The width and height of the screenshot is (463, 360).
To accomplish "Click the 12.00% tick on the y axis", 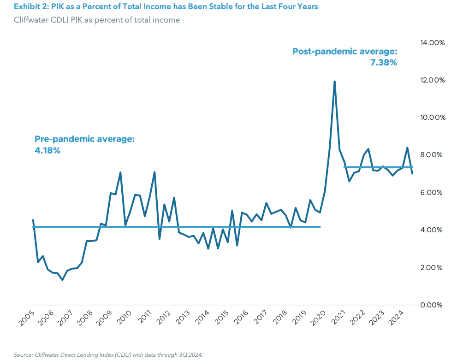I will click(x=432, y=80).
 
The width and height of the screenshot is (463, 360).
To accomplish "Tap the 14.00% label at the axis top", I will click(x=432, y=43).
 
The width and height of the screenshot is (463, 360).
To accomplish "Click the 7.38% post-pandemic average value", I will click(x=383, y=63).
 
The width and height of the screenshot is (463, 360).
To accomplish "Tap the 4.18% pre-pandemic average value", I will click(x=47, y=150).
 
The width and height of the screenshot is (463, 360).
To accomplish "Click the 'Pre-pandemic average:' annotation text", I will click(x=84, y=139).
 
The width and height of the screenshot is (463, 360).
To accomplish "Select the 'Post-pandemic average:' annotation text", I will click(x=344, y=52).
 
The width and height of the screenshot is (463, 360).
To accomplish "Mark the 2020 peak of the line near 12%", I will click(x=334, y=82).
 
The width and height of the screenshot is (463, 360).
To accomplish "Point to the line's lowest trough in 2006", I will click(x=62, y=280).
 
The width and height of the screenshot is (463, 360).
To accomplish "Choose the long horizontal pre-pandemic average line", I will click(x=175, y=227).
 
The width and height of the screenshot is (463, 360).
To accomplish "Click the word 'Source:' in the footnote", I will click(x=22, y=354).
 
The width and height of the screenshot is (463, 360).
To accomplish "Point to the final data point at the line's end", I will click(x=412, y=173).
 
